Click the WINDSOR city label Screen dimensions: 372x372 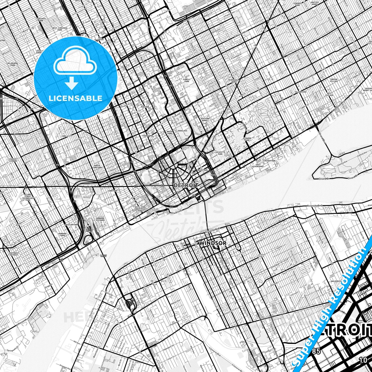[x=213, y=243]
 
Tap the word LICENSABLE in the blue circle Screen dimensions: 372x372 [x=75, y=98]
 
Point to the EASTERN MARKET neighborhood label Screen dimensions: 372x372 [x=205, y=119]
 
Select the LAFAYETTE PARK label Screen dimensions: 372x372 [x=220, y=153]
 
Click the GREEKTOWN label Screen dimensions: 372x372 [x=202, y=170]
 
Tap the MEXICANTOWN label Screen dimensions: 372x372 [x=71, y=225]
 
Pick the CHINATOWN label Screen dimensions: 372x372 [x=148, y=136]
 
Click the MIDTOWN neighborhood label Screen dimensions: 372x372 [x=145, y=107]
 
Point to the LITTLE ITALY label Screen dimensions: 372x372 [x=261, y=256]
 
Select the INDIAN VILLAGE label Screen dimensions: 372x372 [x=334, y=80]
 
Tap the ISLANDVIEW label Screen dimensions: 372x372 [x=300, y=92]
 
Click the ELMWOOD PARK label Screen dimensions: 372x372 [x=247, y=139]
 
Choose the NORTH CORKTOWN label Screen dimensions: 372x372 [x=97, y=167]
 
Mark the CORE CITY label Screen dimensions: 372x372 [x=67, y=136]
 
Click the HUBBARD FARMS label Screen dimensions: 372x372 [x=62, y=235]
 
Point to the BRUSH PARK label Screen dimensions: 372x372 [x=170, y=133]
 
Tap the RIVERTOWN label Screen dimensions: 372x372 [x=270, y=161]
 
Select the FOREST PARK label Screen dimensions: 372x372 [x=187, y=80]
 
